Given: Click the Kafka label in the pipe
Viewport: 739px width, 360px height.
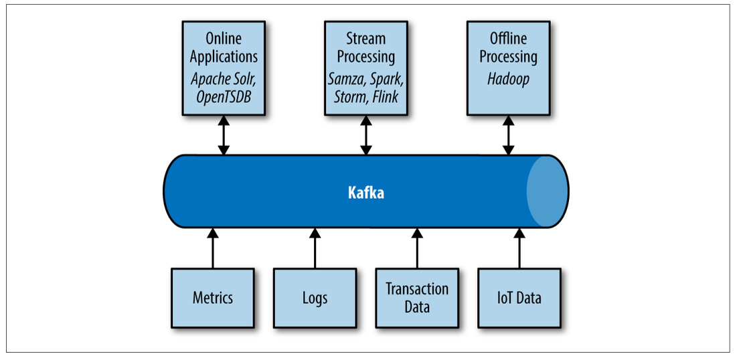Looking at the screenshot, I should click(x=366, y=193).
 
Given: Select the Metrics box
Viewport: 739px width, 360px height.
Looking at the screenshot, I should click(x=213, y=297).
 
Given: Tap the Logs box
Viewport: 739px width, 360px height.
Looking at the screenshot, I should click(x=315, y=297).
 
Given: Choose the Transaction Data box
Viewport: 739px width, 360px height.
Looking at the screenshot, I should click(x=417, y=297).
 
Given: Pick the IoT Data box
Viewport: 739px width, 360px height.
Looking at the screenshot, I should click(x=519, y=297).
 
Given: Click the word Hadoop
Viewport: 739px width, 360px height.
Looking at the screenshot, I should click(x=507, y=79).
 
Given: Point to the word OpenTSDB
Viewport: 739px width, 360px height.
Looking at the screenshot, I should click(x=223, y=96).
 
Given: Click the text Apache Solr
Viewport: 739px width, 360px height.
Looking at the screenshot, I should click(x=223, y=79).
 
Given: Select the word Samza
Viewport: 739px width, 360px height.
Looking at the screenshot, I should click(x=344, y=79).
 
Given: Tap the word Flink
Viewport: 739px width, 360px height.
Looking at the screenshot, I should click(x=385, y=96).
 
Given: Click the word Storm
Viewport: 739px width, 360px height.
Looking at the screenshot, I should click(x=349, y=96).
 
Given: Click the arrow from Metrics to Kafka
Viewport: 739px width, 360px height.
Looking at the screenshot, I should click(x=213, y=248).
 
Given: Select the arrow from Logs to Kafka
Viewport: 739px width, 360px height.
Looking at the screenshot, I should click(x=315, y=248).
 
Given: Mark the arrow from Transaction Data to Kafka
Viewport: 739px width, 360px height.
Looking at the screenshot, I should click(x=417, y=248).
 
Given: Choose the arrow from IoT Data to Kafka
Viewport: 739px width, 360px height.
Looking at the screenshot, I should click(x=519, y=248).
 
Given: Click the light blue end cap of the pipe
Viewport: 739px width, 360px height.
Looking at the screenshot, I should click(x=548, y=191).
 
